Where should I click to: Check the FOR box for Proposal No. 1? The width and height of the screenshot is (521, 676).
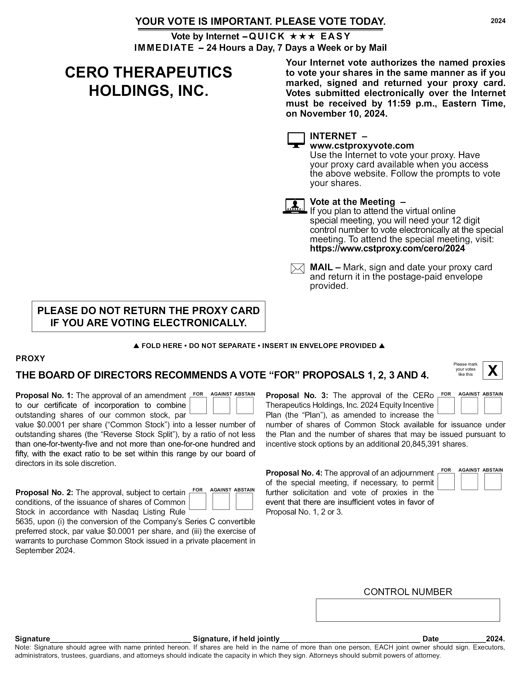tap(198, 406)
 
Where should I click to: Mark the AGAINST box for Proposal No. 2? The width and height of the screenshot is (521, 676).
tap(221, 501)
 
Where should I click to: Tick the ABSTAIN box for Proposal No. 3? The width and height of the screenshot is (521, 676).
tap(492, 406)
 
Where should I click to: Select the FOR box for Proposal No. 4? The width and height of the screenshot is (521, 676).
tap(446, 482)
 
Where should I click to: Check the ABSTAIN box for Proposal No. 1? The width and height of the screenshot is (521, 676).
tap(245, 406)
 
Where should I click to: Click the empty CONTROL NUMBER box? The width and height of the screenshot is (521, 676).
tap(408, 610)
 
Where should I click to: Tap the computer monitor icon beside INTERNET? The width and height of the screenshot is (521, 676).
tap(296, 140)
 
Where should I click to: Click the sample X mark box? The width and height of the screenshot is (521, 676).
tap(492, 371)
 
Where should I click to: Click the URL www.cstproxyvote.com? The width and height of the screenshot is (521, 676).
tap(362, 145)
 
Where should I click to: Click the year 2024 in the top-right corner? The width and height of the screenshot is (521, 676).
tap(498, 21)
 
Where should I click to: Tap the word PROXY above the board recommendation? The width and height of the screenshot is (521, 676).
tap(30, 358)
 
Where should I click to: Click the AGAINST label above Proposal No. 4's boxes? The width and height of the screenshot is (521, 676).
tap(469, 470)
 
